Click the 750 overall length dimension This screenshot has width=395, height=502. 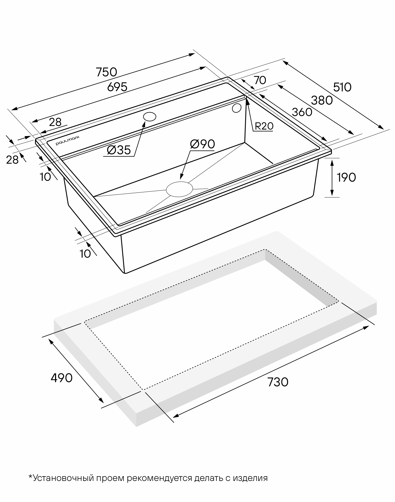click(x=106, y=72)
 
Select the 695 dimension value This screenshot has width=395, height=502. click(x=117, y=87)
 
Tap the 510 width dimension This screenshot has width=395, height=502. click(x=342, y=87)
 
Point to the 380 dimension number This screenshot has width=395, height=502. click(x=322, y=100)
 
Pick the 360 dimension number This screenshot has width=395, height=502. click(x=302, y=112)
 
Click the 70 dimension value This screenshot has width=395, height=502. click(x=260, y=80)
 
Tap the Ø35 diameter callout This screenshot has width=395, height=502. click(x=119, y=150)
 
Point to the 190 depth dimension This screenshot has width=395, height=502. click(x=346, y=177)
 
